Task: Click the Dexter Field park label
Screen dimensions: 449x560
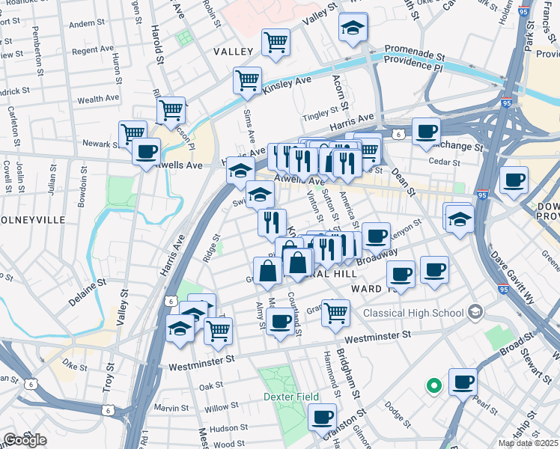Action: click(x=290, y=396)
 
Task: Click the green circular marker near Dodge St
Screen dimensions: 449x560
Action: click(x=433, y=386)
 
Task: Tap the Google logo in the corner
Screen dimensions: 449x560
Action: click(x=25, y=439)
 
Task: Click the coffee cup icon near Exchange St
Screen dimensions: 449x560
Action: click(x=426, y=132)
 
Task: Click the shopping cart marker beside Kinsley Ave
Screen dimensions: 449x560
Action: click(x=247, y=80)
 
